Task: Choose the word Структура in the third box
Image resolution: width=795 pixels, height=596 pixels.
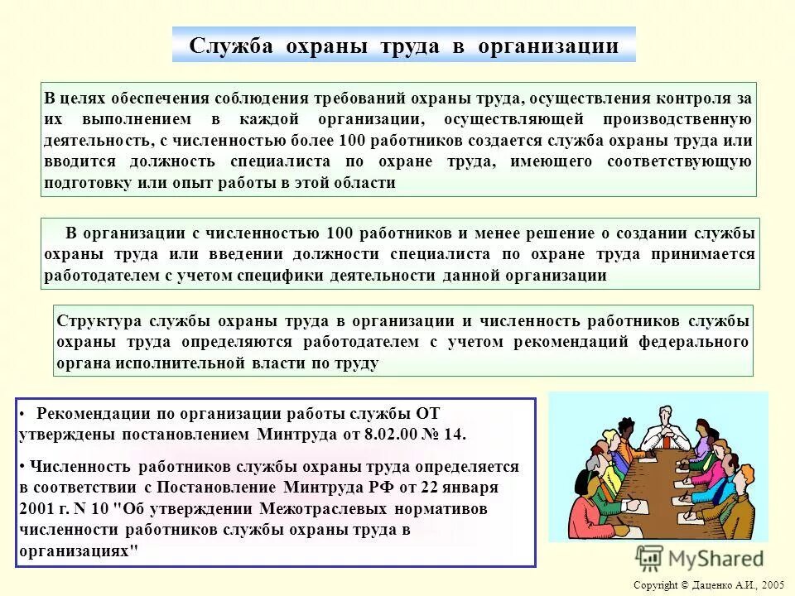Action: (x=96, y=320)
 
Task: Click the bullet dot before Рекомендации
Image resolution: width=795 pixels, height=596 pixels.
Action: (x=26, y=412)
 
